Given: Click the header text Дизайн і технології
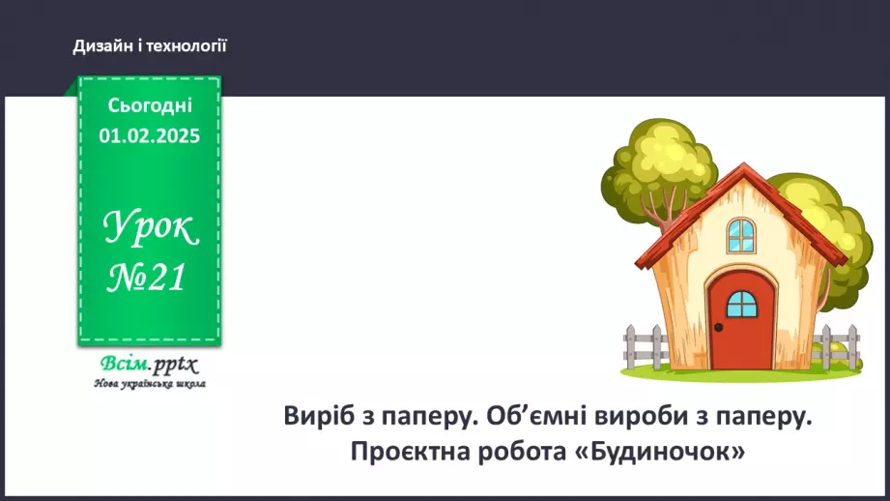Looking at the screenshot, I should [150, 45].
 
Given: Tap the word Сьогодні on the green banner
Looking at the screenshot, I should [150, 105].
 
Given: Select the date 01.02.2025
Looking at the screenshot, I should [150, 136].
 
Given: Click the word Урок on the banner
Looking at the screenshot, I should [151, 228].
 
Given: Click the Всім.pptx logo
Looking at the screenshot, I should [149, 365].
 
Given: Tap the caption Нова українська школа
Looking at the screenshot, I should [149, 383].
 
